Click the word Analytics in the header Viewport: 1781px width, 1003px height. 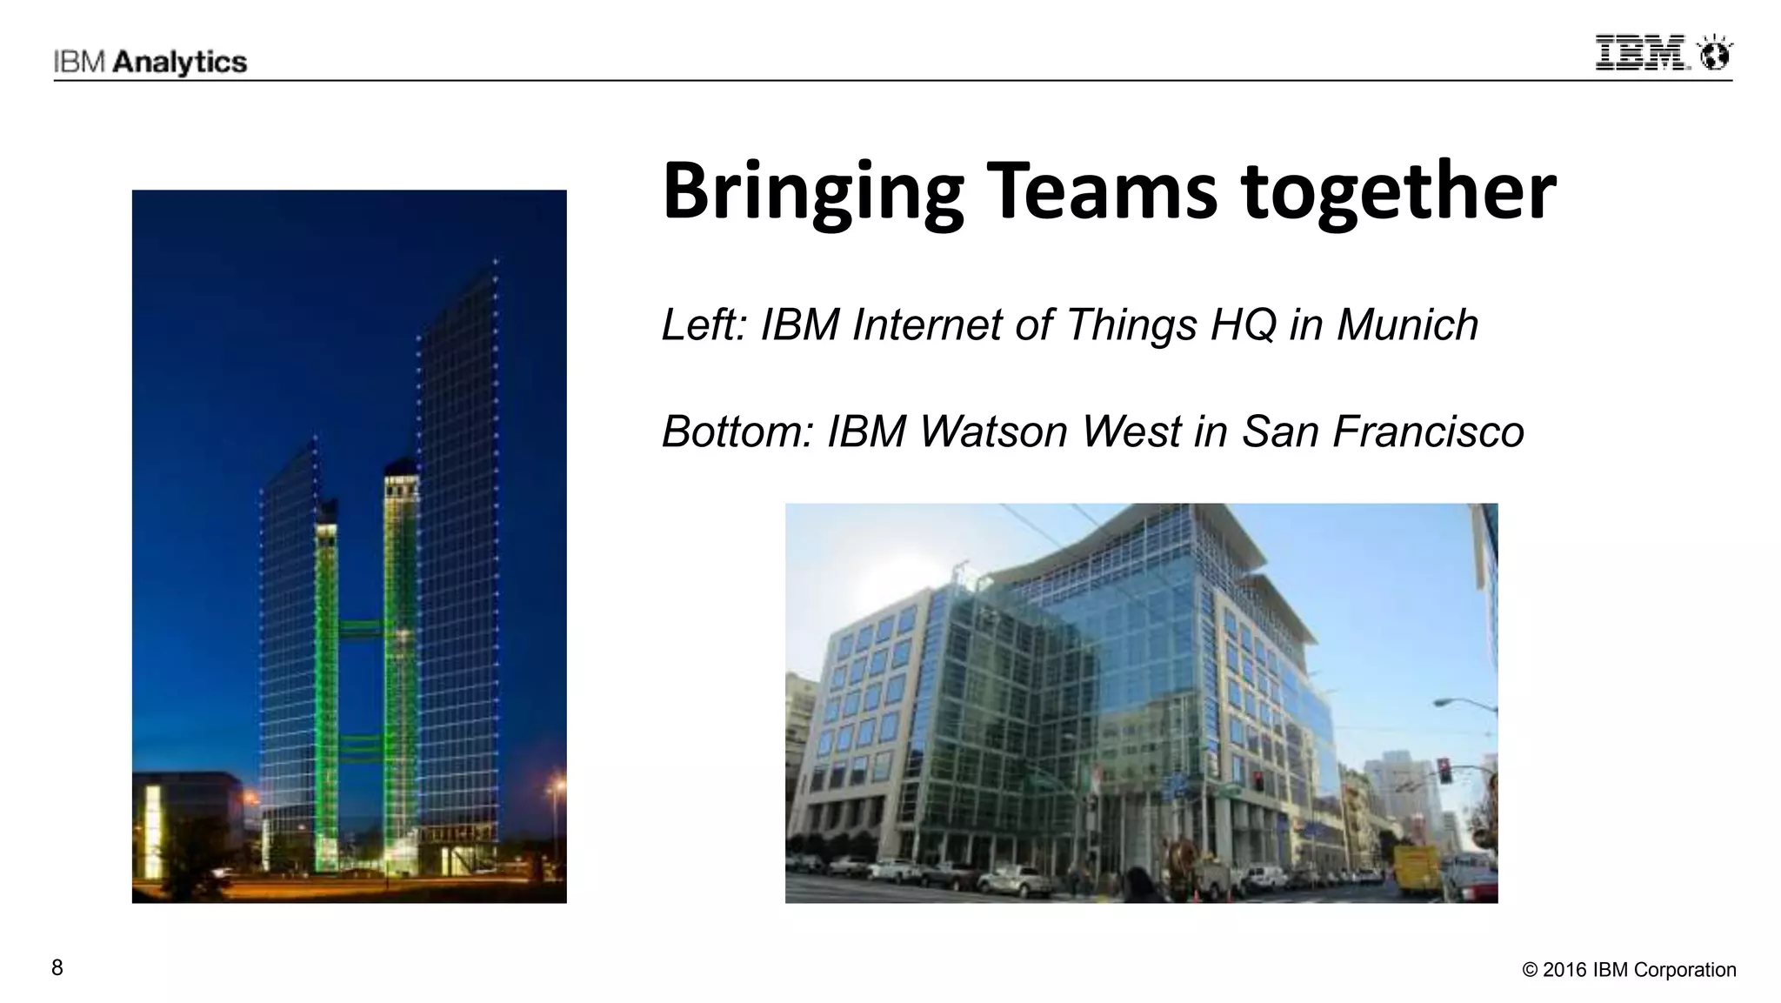click(x=181, y=63)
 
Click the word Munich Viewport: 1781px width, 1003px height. click(x=1407, y=325)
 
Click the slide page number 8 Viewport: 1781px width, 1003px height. click(x=57, y=967)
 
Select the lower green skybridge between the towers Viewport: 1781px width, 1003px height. click(x=361, y=745)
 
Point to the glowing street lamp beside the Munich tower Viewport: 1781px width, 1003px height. click(x=554, y=788)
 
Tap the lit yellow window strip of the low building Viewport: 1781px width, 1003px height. click(x=153, y=831)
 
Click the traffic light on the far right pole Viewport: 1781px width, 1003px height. click(x=1444, y=770)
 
